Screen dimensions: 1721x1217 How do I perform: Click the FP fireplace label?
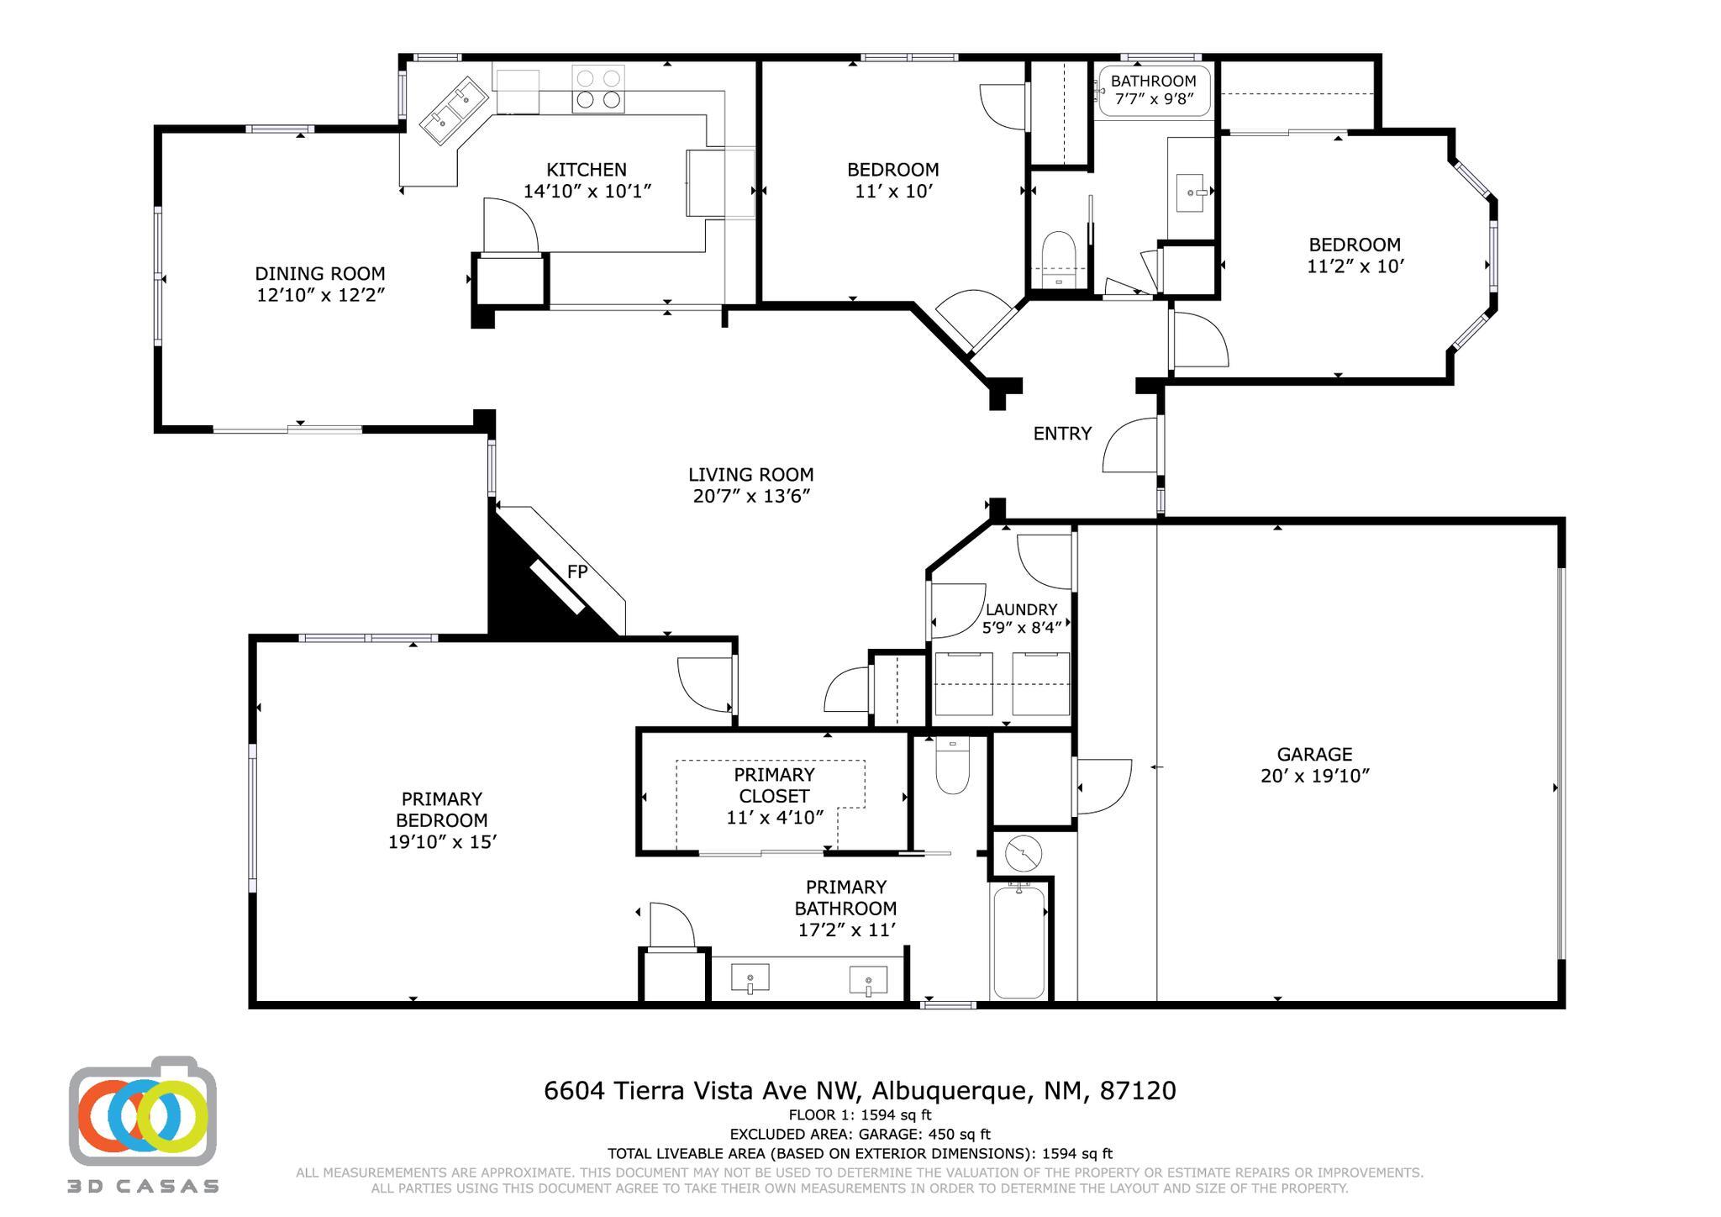coord(576,572)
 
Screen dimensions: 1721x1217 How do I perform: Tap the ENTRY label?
coord(1062,434)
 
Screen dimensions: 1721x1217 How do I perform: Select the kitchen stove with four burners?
coord(598,89)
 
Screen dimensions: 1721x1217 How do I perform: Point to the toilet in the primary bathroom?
coord(952,765)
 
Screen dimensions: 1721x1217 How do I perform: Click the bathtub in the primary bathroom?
coord(1019,940)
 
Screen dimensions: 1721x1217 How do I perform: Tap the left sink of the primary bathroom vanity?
coord(750,979)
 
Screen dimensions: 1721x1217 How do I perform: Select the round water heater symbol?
coord(1023,854)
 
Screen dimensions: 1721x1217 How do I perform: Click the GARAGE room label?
coord(1314,754)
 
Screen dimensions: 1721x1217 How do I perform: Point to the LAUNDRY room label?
coord(1021,609)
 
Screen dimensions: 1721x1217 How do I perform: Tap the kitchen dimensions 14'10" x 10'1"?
coord(587,192)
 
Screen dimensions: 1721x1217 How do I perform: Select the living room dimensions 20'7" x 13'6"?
coord(751,496)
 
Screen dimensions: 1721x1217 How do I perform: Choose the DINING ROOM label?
coord(320,273)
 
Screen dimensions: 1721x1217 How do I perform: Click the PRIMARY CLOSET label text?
coord(774,785)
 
